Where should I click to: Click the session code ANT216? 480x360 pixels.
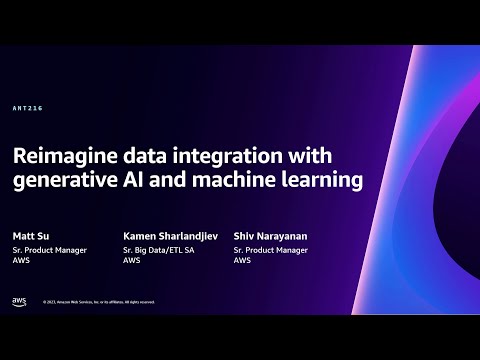point(28,108)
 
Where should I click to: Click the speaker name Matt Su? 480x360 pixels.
point(33,236)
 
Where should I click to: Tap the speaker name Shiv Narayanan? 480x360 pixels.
point(270,236)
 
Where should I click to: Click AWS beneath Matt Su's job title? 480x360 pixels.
point(21,260)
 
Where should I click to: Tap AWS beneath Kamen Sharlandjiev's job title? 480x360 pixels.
point(131,260)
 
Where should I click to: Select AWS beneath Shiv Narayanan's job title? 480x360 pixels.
point(242,260)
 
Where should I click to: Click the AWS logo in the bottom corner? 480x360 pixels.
point(19,300)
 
